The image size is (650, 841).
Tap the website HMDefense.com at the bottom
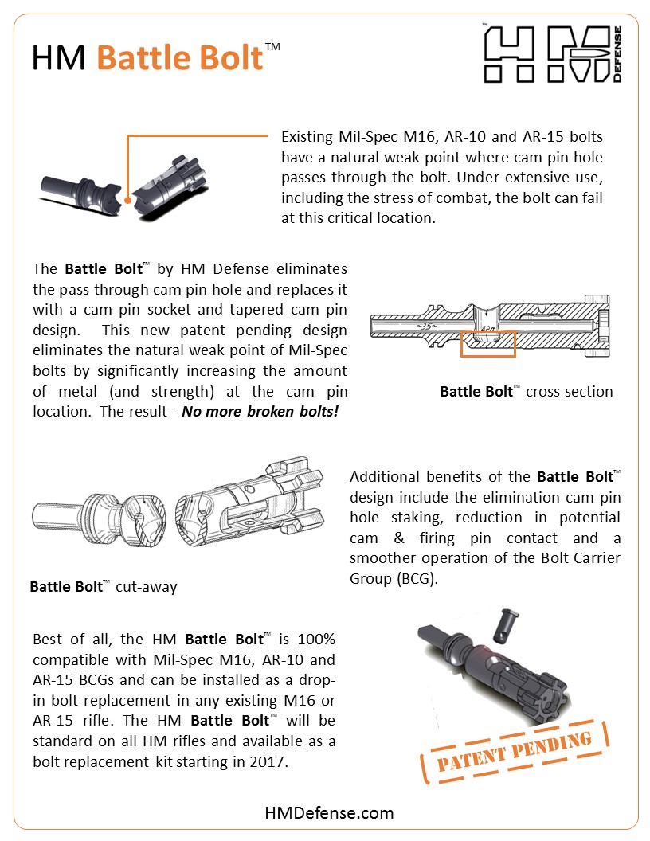tap(329, 812)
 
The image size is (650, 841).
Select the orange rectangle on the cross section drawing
tap(488, 343)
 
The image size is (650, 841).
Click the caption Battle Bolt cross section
tap(527, 391)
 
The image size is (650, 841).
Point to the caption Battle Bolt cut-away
tap(104, 587)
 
